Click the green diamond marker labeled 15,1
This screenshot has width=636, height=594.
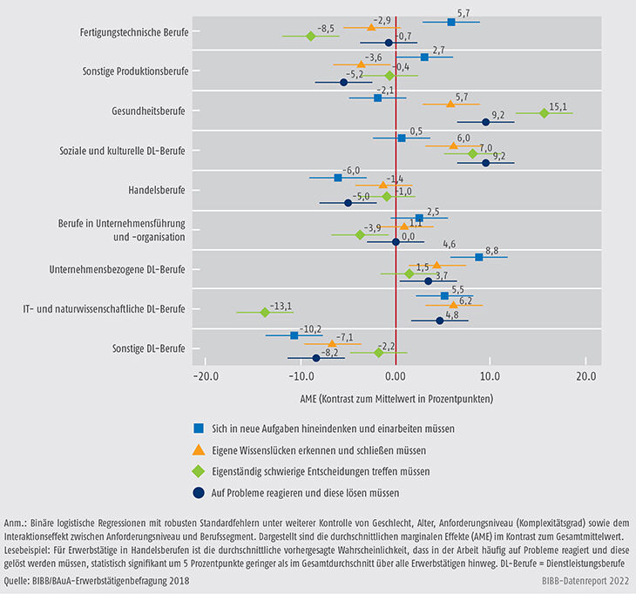(x=545, y=113)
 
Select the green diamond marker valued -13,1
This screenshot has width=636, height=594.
(x=265, y=311)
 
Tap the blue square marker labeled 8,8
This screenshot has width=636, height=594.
(x=478, y=257)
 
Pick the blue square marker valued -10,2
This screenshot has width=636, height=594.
(x=294, y=335)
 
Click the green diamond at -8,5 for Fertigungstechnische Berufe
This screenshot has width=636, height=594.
(x=310, y=36)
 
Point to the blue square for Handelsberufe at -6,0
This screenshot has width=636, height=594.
(x=338, y=178)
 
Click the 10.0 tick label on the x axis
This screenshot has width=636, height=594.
(x=489, y=376)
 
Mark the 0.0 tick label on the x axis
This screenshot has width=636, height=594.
(x=396, y=376)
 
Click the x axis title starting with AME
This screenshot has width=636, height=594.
(x=396, y=399)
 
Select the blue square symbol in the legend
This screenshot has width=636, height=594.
(x=200, y=429)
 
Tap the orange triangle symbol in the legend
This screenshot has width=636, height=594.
(x=200, y=450)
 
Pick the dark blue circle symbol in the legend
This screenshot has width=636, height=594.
(x=200, y=493)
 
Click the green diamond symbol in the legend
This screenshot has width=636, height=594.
(x=200, y=471)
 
